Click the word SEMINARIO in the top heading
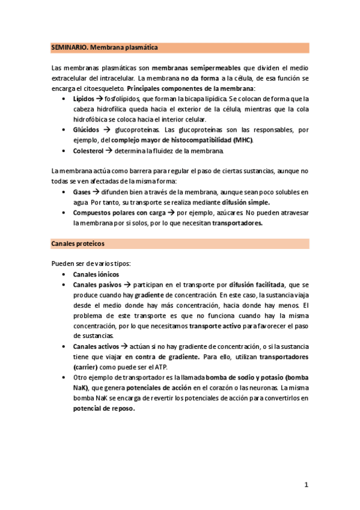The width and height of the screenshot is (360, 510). (x=68, y=48)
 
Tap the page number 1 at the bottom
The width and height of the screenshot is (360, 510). (x=306, y=484)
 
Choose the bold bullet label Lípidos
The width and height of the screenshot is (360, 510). (x=83, y=99)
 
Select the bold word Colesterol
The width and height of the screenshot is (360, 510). (x=89, y=150)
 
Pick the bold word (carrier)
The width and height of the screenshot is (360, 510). (x=89, y=367)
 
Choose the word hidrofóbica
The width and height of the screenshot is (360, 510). (x=93, y=119)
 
